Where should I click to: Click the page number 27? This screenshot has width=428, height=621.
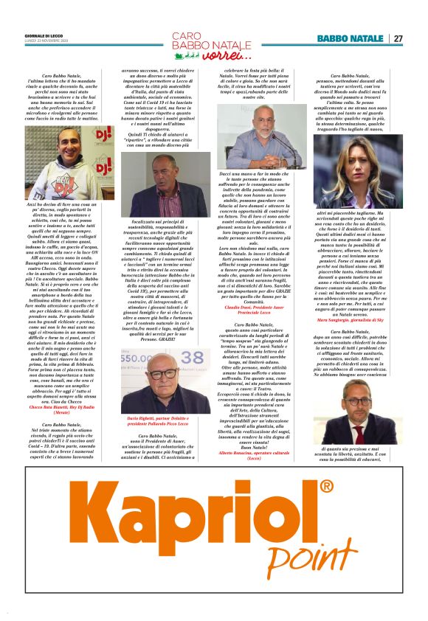click(398, 38)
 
